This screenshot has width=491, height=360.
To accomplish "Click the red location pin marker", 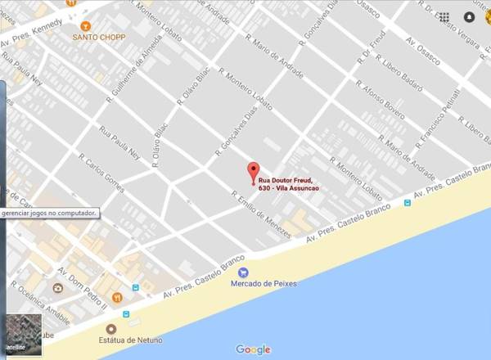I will coord(253,172).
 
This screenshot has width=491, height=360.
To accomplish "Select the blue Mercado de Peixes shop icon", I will coord(243,272).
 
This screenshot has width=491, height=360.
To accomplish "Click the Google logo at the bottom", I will coord(253,349).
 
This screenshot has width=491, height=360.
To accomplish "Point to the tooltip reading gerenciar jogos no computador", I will coord(48,213).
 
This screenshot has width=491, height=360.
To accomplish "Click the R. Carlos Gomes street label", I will coord(101,173).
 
